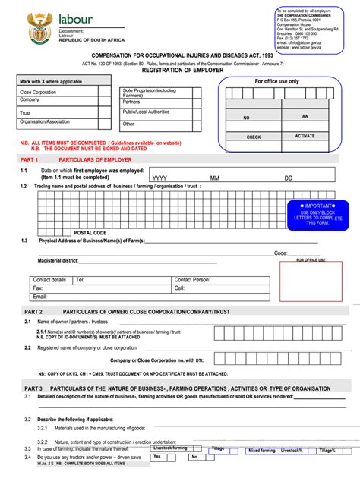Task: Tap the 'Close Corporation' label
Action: [x=38, y=92]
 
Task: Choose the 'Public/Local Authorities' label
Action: [x=147, y=112]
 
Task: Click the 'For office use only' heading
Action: [x=276, y=81]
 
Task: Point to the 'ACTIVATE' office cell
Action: [x=305, y=136]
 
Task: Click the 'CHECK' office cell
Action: [x=254, y=137]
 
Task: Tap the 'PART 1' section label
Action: [x=29, y=161]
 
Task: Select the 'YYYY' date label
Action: [x=159, y=178]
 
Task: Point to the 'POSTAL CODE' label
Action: [x=90, y=233]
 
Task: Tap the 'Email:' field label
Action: [x=39, y=297]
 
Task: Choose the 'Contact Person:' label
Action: [x=192, y=280]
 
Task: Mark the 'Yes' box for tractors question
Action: [x=157, y=457]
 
